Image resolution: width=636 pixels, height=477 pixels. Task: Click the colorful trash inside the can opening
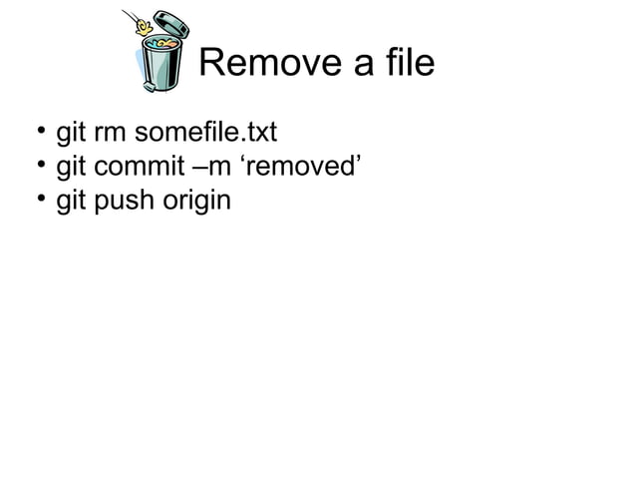point(161,43)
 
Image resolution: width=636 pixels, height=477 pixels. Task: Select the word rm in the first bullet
point(109,133)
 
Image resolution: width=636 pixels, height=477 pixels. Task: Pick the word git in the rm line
point(71,132)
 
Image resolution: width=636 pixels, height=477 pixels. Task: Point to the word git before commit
point(71,167)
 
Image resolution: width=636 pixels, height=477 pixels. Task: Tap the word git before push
point(71,202)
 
